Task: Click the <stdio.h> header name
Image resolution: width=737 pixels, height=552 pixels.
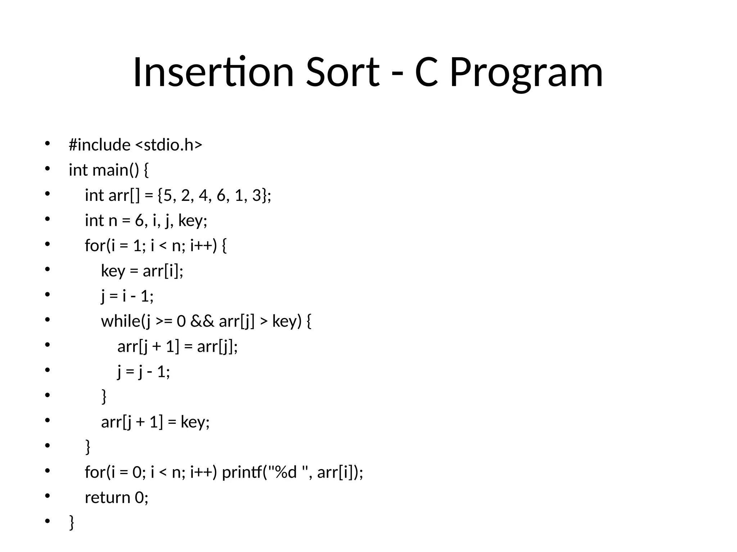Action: click(x=169, y=145)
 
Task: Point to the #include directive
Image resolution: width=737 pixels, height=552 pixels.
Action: click(x=100, y=145)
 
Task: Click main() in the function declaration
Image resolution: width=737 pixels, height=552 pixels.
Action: click(x=116, y=170)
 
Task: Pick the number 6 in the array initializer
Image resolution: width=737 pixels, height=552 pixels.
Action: click(x=221, y=195)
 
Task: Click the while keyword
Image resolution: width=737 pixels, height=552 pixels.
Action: click(x=121, y=321)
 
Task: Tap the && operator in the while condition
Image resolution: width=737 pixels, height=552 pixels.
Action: click(x=202, y=321)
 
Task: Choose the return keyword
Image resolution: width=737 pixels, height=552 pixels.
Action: click(x=107, y=497)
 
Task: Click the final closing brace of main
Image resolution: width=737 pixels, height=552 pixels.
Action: click(x=72, y=522)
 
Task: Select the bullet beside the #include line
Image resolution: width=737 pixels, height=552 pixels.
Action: click(x=47, y=144)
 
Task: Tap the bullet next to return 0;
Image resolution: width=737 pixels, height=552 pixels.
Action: click(x=47, y=496)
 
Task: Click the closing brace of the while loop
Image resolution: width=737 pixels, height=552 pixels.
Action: click(x=104, y=396)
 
